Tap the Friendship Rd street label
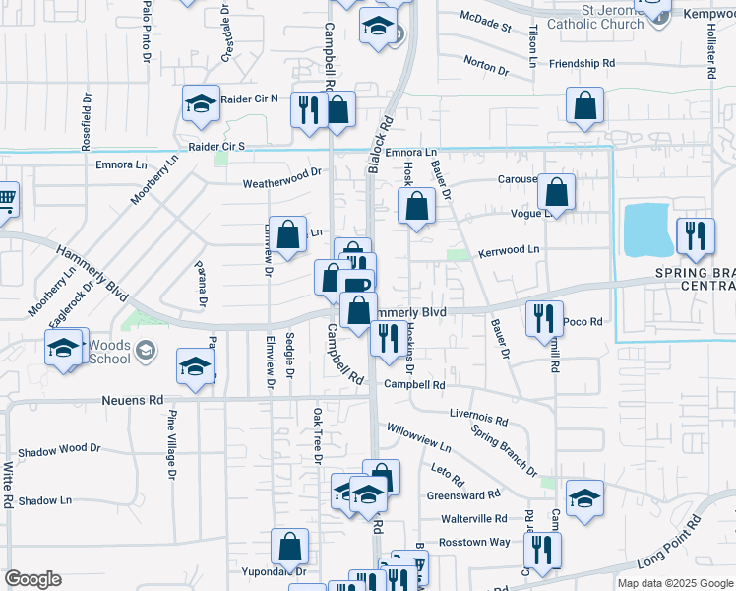pyautogui.click(x=583, y=63)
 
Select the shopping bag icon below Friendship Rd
pyautogui.click(x=584, y=107)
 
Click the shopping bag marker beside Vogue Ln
pyautogui.click(x=557, y=193)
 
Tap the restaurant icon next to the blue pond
pyautogui.click(x=695, y=236)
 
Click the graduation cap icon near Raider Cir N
pyautogui.click(x=201, y=104)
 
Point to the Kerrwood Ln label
pyautogui.click(x=509, y=250)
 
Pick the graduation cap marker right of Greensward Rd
pyautogui.click(x=584, y=499)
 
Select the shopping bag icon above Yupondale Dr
pyautogui.click(x=290, y=546)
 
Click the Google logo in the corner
pyautogui.click(x=32, y=579)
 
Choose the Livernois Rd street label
pyautogui.click(x=478, y=418)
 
